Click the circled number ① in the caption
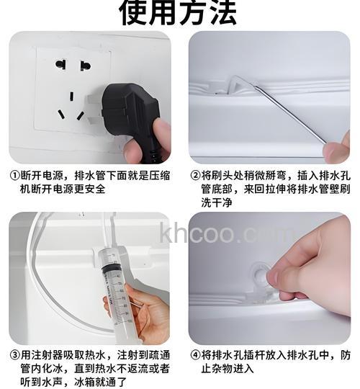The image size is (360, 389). (x=14, y=175)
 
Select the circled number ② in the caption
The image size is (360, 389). (x=194, y=175)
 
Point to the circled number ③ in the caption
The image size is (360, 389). (x=14, y=355)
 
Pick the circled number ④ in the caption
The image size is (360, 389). (x=194, y=355)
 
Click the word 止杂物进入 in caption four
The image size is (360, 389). (x=222, y=369)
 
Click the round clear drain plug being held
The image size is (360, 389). (x=258, y=277)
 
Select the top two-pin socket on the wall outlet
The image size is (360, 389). (x=71, y=66)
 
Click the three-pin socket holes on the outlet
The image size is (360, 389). (x=71, y=105)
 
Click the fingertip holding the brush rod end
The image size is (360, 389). (x=337, y=151)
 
